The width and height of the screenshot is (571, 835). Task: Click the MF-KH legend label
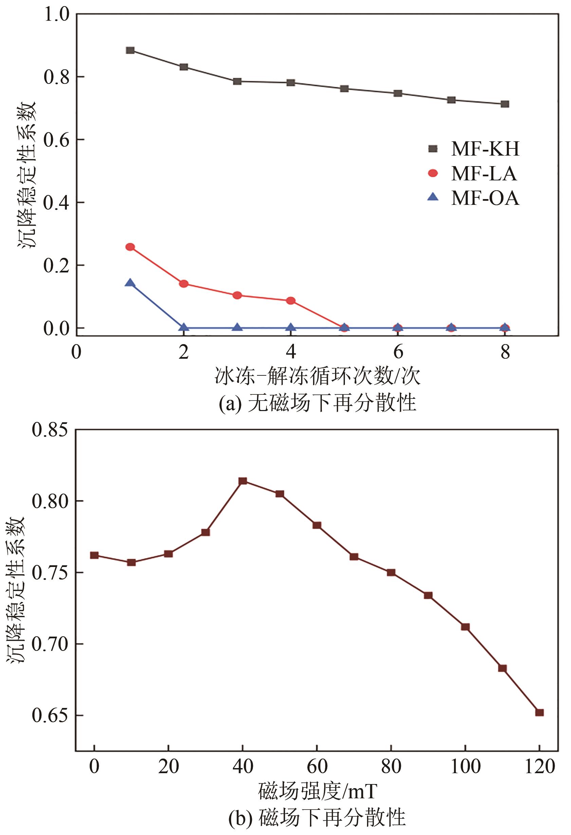tap(485, 148)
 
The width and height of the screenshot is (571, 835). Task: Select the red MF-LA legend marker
tap(433, 173)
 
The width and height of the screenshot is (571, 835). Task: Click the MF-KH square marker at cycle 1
tap(130, 50)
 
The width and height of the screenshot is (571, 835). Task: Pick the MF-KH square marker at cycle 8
tap(504, 104)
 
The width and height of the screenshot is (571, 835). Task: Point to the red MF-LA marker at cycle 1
tap(130, 247)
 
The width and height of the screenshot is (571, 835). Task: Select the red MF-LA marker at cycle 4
tap(291, 300)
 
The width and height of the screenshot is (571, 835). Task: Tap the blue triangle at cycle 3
tap(237, 327)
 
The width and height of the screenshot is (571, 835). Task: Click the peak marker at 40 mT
tap(243, 481)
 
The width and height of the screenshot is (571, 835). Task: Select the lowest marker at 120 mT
tap(539, 712)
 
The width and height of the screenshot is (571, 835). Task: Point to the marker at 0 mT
tap(94, 555)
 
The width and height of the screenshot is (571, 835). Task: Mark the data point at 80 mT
tap(391, 572)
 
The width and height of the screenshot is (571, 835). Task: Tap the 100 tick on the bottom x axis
tap(465, 767)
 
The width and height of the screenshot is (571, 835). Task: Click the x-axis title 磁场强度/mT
tap(317, 792)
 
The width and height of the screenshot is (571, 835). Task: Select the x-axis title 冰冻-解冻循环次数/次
tap(317, 376)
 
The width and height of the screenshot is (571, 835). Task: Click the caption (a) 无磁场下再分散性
tap(317, 403)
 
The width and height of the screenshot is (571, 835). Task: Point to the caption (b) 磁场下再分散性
tap(317, 818)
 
